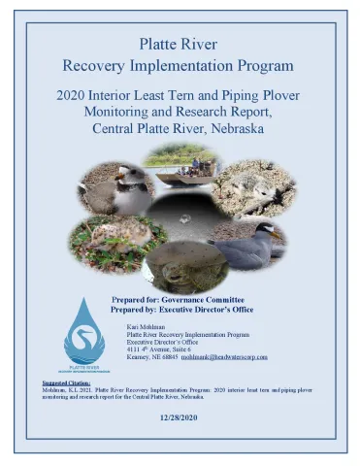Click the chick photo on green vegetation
point(104,242)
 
